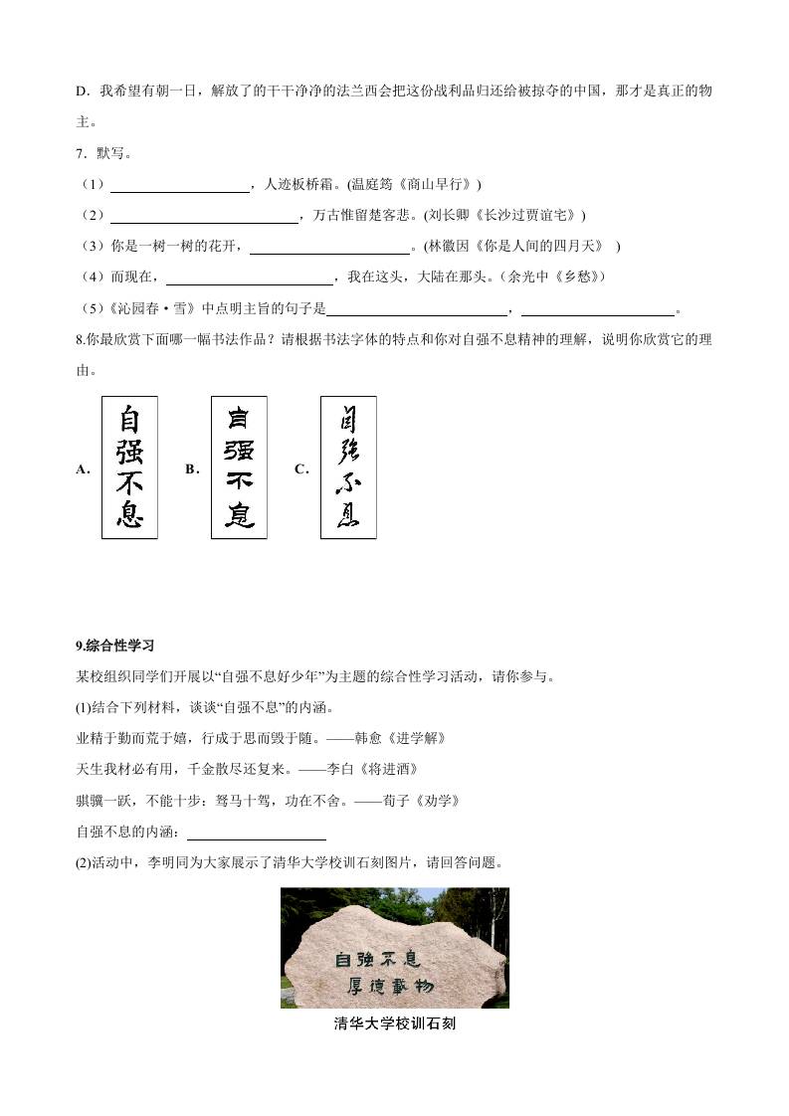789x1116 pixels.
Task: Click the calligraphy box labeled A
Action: (x=129, y=467)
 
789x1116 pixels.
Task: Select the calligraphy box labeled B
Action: (x=239, y=467)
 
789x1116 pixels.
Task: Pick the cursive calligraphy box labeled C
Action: (x=348, y=467)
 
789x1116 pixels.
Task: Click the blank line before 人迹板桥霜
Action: (x=179, y=185)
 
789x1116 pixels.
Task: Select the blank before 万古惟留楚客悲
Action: (x=204, y=216)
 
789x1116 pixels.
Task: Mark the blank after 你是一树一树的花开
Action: (x=329, y=247)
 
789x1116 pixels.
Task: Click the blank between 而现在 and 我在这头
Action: (x=249, y=277)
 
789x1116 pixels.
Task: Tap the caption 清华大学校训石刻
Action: (x=394, y=1023)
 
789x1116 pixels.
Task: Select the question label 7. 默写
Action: (x=103, y=154)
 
